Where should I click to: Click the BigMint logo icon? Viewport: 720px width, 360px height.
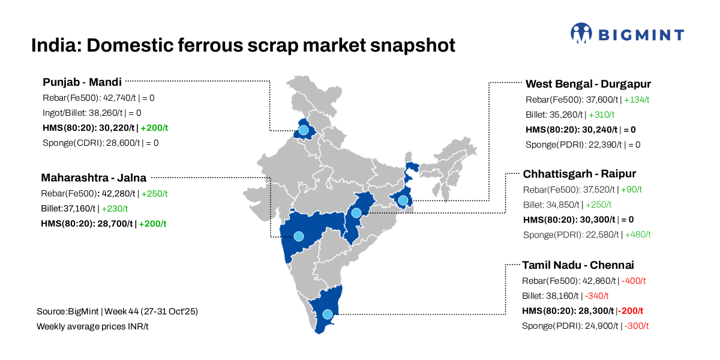coord(581,34)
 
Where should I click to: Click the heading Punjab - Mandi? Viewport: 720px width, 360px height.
coord(82,82)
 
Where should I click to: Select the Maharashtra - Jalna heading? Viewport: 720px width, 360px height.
coord(93,178)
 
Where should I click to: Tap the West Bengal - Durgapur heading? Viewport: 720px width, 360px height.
coord(588,84)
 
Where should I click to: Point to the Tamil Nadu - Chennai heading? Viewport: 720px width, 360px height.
coord(578,265)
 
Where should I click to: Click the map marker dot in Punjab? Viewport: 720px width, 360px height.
coord(304,130)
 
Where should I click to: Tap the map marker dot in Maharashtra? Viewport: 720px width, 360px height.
coord(298,236)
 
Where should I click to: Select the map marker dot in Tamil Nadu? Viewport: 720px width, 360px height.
coord(327,314)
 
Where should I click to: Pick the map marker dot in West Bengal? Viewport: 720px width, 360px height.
coord(403,200)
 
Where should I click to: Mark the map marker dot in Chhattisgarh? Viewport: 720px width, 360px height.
coord(356,213)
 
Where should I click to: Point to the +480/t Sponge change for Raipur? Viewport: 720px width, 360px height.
coord(638,235)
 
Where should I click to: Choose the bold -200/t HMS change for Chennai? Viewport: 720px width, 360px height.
coord(631,311)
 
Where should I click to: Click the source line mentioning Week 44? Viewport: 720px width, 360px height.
coord(117,312)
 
